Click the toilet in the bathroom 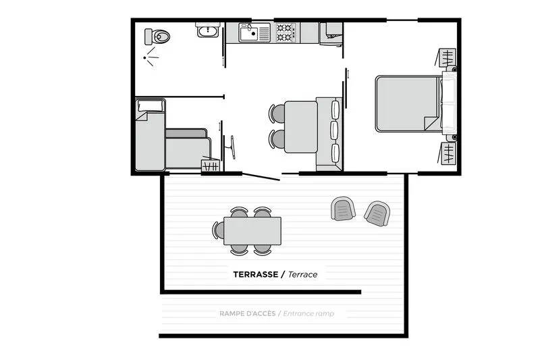161,36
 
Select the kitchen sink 254,32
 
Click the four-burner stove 286,31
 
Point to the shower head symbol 151,57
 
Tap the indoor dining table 301,126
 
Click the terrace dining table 252,230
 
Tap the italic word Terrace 302,274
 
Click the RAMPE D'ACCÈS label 247,313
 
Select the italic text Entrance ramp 308,313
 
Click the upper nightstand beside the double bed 449,58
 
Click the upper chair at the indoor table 277,113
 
